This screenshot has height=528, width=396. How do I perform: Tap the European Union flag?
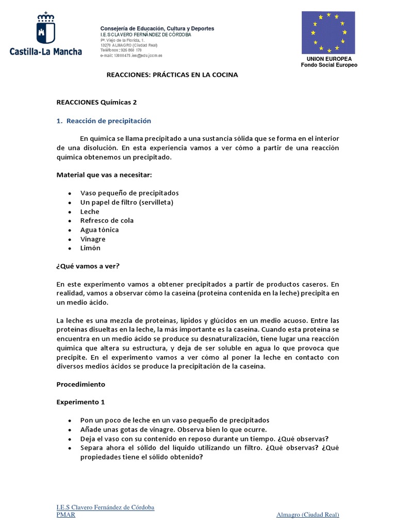[x=328, y=32]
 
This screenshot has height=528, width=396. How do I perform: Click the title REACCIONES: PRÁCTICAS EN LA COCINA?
[x=172, y=75]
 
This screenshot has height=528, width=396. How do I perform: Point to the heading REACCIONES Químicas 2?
[x=96, y=102]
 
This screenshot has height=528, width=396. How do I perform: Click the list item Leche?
[x=90, y=211]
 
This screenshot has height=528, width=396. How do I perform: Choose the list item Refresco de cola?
[x=107, y=221]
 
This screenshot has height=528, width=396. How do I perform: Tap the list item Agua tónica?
[x=100, y=230]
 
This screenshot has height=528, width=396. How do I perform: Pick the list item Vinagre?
[x=93, y=239]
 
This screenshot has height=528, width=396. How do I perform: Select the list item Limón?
[x=90, y=248]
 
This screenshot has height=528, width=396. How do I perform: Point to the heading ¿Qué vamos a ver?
[x=88, y=266]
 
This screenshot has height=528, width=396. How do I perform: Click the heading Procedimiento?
[x=80, y=384]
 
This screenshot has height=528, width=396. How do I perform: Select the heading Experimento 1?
[x=80, y=402]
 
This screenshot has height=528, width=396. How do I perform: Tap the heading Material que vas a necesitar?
[x=104, y=175]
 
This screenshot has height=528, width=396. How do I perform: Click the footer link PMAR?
[x=65, y=515]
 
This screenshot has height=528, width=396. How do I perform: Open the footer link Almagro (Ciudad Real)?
[x=307, y=515]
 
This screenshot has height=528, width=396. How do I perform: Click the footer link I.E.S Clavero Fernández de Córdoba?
[x=105, y=507]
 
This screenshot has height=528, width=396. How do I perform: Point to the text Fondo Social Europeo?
[x=329, y=65]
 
